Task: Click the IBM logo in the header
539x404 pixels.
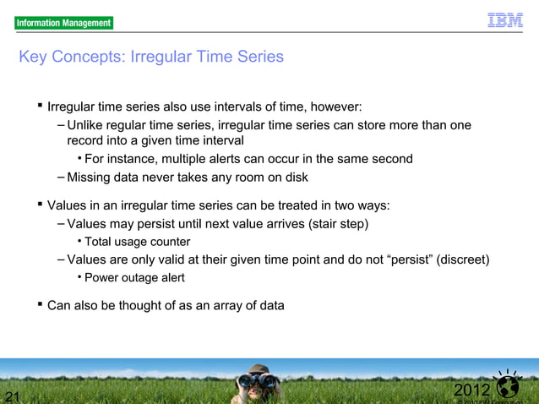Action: [504, 20]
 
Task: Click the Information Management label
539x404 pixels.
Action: [63, 23]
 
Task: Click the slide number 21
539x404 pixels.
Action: [12, 396]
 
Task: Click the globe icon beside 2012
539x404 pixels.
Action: [509, 387]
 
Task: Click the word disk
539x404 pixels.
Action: [295, 177]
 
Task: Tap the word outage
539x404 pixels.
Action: [143, 277]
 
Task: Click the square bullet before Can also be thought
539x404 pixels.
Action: [39, 304]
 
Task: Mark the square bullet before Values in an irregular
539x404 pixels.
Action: [39, 205]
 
